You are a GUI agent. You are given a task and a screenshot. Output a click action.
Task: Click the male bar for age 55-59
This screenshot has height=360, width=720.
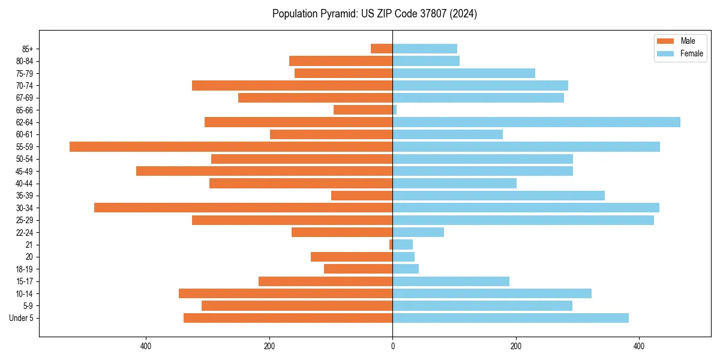coord(231,146)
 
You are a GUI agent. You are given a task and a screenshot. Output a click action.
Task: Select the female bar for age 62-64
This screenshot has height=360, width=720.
coord(536,122)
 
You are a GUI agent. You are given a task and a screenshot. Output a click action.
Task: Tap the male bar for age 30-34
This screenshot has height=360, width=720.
coord(243,208)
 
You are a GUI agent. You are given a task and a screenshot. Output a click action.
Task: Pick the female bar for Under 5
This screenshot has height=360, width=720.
coord(511,318)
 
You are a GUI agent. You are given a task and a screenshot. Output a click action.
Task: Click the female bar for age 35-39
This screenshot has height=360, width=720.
coord(499,196)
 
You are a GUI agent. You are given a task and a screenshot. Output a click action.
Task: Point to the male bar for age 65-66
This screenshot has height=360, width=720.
coord(363,110)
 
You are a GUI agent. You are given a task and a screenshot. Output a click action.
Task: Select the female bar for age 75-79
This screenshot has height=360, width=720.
coord(464,73)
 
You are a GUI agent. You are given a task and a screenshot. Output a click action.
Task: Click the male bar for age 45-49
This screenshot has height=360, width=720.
coord(264,171)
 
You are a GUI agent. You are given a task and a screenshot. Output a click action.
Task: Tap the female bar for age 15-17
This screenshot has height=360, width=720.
coord(451,281)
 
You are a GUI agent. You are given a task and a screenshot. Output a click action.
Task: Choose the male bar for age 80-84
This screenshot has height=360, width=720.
coord(341,61)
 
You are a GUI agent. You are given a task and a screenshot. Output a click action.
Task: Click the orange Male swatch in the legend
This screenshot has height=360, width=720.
coord(666,41)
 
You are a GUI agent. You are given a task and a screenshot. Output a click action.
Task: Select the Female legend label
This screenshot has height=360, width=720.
coord(691,53)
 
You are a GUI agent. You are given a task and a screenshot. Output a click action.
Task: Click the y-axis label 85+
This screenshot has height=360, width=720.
coord(26,49)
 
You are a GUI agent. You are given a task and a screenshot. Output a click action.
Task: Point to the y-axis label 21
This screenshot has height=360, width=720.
coord(29,245)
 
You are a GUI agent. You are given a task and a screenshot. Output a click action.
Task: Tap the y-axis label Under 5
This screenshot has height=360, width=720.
coord(21,318)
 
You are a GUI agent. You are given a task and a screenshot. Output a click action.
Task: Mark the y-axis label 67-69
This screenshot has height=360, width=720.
coord(24,98)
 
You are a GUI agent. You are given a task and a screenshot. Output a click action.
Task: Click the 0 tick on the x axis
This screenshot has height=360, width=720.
coord(392,346)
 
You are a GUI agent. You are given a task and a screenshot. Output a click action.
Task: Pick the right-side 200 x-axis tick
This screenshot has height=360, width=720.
coord(516,346)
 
